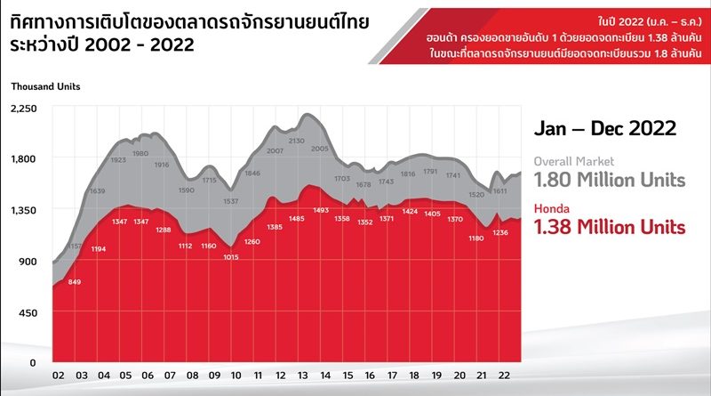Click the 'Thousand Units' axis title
pyautogui.click(x=45, y=86)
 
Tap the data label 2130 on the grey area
pyautogui.click(x=297, y=141)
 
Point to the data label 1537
pyautogui.click(x=231, y=201)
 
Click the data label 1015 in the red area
pyautogui.click(x=231, y=257)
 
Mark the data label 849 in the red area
pyautogui.click(x=75, y=282)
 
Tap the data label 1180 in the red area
pyautogui.click(x=477, y=238)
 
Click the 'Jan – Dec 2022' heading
pyautogui.click(x=604, y=128)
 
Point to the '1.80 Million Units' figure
pyautogui.click(x=609, y=181)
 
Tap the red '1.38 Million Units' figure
pyautogui.click(x=609, y=228)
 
